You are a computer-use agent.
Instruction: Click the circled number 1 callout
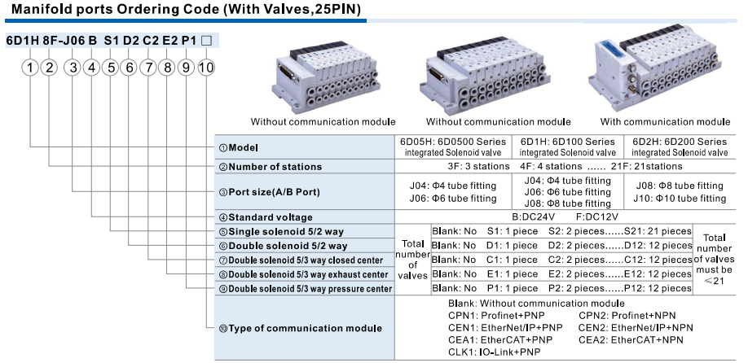[31, 67]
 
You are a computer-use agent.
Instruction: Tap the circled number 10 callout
[205, 67]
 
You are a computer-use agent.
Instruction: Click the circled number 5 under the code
[109, 67]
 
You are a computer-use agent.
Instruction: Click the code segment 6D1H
[22, 41]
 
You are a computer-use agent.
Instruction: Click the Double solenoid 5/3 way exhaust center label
[307, 274]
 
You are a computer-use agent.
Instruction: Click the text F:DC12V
[599, 217]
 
